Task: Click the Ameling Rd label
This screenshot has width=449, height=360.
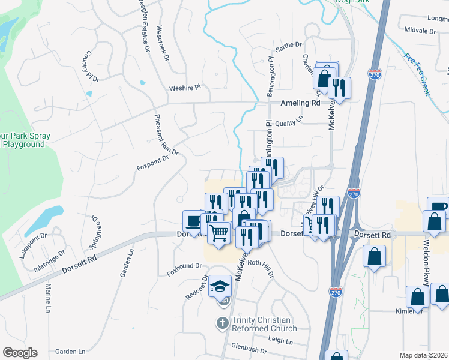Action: tap(300, 103)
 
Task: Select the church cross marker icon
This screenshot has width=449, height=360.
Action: tap(222, 323)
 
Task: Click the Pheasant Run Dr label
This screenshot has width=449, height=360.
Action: tap(167, 134)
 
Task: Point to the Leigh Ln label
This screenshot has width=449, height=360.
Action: tap(280, 340)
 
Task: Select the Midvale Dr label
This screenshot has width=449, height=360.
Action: tap(420, 29)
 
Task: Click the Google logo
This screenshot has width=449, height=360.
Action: tap(20, 352)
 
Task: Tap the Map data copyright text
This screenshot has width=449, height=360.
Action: tap(424, 355)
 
